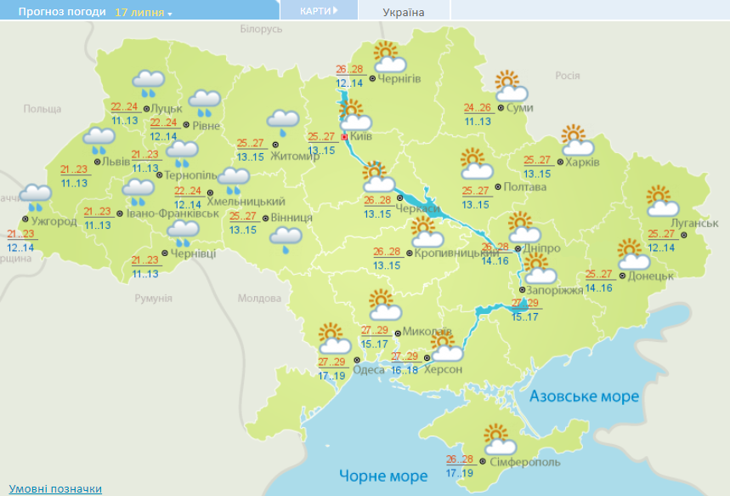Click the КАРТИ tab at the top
pyautogui.click(x=318, y=10)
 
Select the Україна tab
pyautogui.click(x=404, y=11)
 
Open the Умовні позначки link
pyautogui.click(x=55, y=489)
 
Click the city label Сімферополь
pyautogui.click(x=525, y=461)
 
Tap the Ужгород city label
pyautogui.click(x=54, y=221)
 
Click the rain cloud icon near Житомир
pyautogui.click(x=284, y=123)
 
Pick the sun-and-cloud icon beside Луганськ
pyautogui.click(x=662, y=202)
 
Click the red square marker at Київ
pyautogui.click(x=344, y=136)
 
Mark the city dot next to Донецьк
pyautogui.click(x=622, y=275)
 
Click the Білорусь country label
pyautogui.click(x=261, y=30)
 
